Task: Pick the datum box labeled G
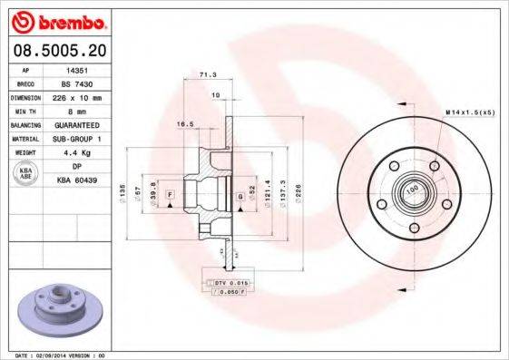[240, 195]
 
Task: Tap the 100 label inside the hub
[411, 190]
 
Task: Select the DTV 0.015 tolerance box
[229, 284]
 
